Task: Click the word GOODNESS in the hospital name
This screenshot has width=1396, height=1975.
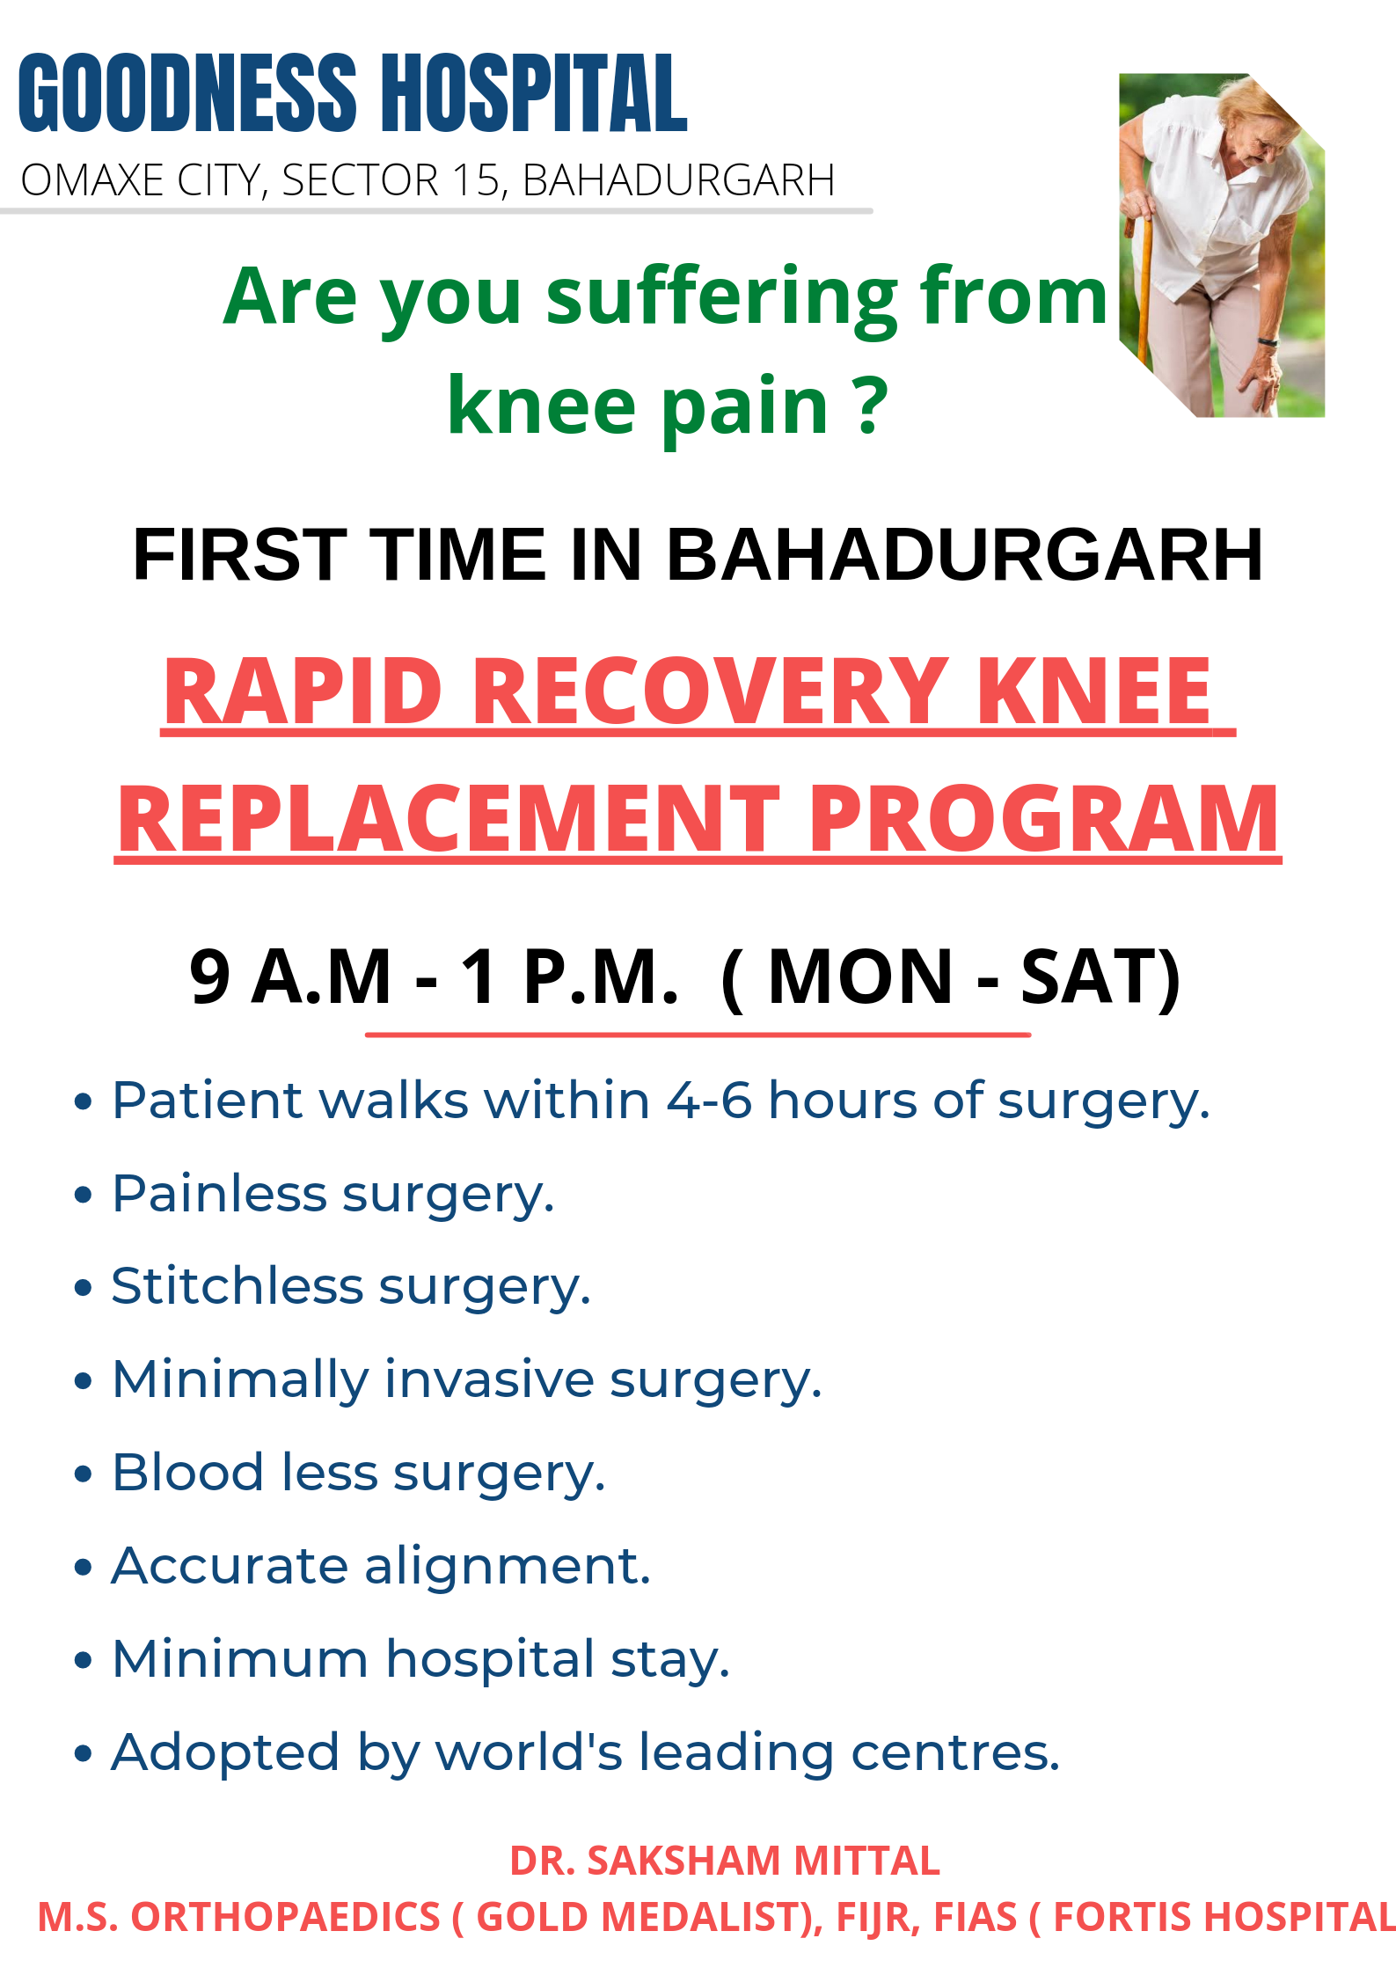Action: point(187,92)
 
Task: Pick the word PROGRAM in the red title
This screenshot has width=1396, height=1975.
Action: point(1043,820)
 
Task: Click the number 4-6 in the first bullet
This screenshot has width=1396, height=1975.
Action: point(709,1101)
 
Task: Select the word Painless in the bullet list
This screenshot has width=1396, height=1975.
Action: point(220,1194)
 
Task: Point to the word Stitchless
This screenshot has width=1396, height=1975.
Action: point(237,1286)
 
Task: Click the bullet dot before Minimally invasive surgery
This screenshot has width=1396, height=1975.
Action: point(84,1380)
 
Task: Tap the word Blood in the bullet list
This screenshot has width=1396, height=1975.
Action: point(188,1473)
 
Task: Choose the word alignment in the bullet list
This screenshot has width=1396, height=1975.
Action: point(508,1568)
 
